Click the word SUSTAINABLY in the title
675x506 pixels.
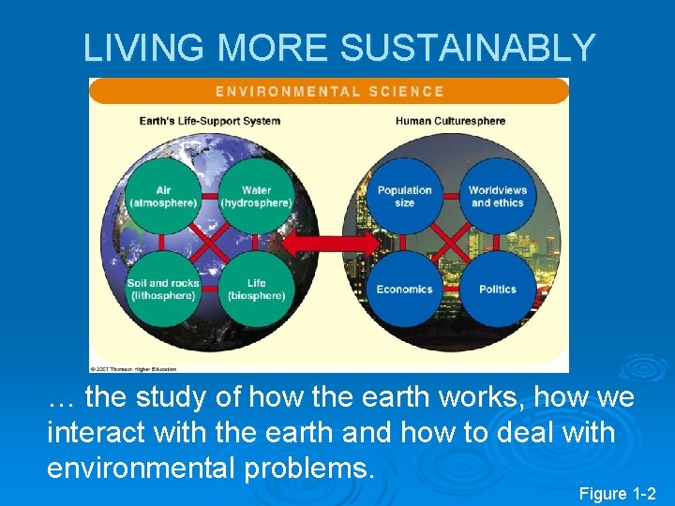[468, 47]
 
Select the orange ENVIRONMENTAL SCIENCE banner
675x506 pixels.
[329, 91]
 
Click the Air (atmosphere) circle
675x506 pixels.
[163, 197]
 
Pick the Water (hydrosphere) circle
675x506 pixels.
[256, 197]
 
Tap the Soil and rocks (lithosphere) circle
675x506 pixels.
[163, 289]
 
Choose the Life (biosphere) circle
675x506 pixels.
[256, 289]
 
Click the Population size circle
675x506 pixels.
[405, 197]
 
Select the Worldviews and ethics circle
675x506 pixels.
[498, 197]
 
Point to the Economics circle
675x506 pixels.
[405, 289]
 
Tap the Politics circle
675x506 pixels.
[498, 289]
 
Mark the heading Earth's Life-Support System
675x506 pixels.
[210, 121]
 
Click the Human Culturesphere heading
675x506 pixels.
[450, 121]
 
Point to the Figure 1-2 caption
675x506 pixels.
[618, 493]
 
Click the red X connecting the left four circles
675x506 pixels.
[210, 244]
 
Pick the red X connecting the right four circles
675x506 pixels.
[452, 244]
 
